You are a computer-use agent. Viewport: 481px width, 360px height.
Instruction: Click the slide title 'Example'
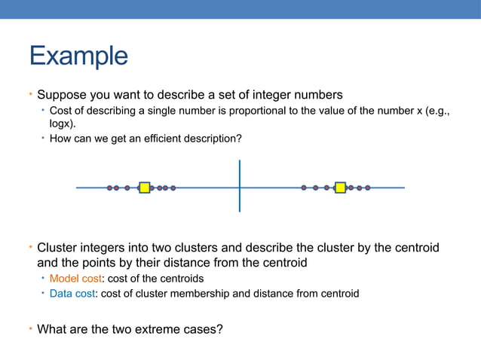pos(78,56)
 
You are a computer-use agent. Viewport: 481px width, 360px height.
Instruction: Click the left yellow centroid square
pos(145,188)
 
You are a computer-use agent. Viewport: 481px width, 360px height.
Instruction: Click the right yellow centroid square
pos(340,188)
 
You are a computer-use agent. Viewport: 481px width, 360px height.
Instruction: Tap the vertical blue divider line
pos(240,185)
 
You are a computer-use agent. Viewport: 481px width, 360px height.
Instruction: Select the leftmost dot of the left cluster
pos(110,188)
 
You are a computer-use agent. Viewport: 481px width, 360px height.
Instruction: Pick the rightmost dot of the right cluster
pos(368,188)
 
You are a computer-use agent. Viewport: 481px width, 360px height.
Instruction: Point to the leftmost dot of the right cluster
pos(304,188)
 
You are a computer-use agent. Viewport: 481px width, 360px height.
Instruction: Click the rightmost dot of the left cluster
pos(173,188)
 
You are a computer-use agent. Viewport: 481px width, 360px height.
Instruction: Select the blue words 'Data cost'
pos(72,294)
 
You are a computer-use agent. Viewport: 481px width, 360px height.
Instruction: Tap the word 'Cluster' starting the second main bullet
pos(57,248)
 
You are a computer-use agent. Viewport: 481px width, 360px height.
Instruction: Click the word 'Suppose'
pos(60,95)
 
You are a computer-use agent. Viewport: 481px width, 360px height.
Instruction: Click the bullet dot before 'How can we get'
pos(43,139)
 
